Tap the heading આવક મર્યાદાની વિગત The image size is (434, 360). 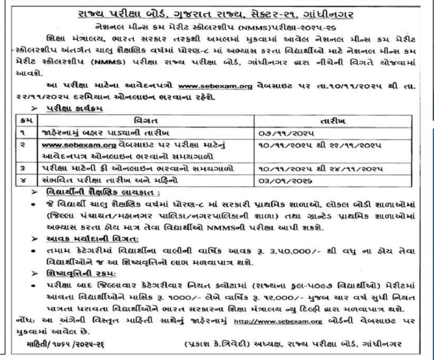click(x=80, y=239)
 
